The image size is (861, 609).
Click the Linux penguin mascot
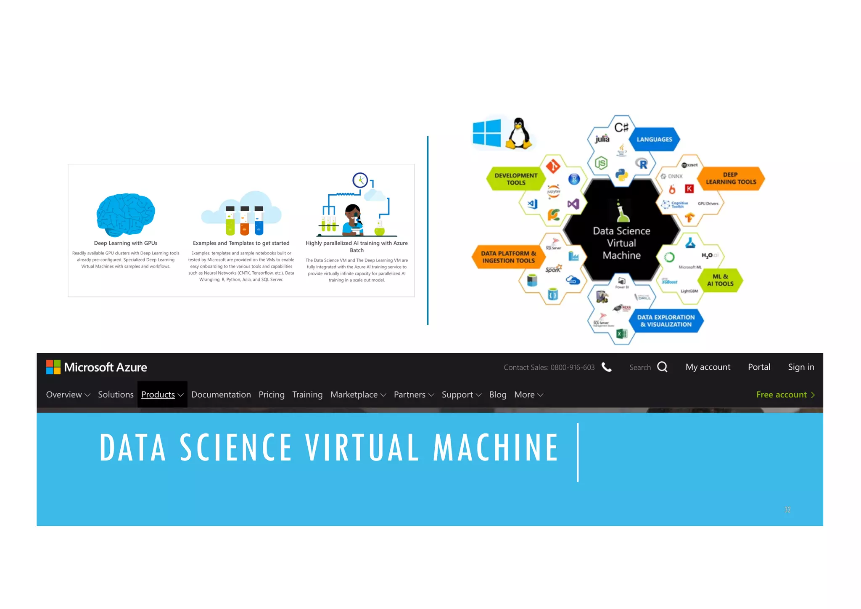tap(519, 134)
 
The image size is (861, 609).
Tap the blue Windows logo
tap(487, 133)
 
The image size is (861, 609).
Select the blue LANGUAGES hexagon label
tap(654, 139)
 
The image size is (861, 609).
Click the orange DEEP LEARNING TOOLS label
tap(731, 178)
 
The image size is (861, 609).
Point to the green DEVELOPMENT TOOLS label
tap(516, 179)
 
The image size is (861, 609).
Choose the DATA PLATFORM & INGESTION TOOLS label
tap(508, 257)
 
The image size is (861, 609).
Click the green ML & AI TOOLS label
tap(720, 280)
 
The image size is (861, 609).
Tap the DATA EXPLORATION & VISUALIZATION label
tap(666, 321)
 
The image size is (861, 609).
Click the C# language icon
tap(621, 127)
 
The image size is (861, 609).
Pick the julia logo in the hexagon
tap(602, 139)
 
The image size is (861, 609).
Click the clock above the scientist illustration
tap(360, 180)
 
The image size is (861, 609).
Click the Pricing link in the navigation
tap(272, 395)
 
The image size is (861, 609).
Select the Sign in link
tap(800, 367)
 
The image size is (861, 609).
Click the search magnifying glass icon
tap(662, 367)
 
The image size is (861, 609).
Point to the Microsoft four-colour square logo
tap(53, 367)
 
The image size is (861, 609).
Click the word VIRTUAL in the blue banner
tap(362, 447)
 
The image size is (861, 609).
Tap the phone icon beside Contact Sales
tap(606, 367)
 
